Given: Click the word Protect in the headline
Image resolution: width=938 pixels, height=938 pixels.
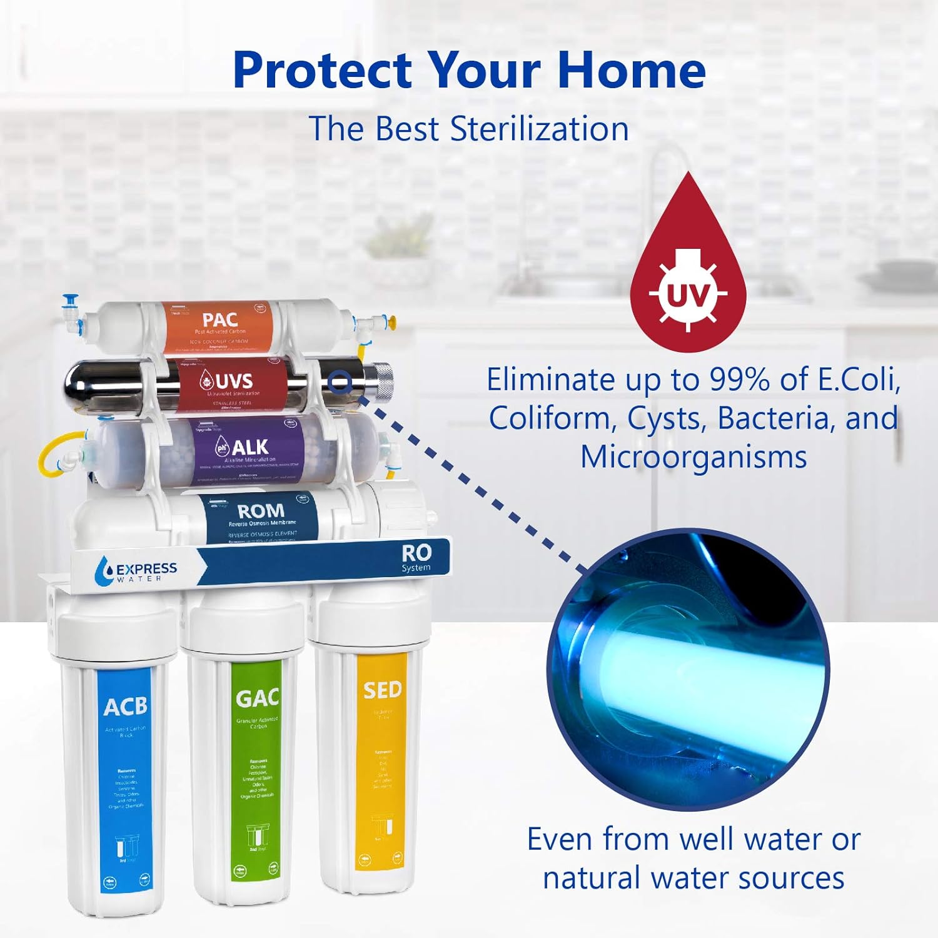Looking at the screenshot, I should (x=323, y=70).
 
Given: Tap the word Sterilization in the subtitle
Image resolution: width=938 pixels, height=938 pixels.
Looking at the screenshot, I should (x=539, y=129).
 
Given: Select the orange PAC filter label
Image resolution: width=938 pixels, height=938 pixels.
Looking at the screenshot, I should (x=219, y=320).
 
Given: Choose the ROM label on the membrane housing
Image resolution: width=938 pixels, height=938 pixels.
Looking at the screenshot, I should (x=261, y=511).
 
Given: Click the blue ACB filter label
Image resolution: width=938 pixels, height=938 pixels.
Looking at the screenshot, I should (x=125, y=707).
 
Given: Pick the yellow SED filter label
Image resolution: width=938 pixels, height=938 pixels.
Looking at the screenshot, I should (x=382, y=690).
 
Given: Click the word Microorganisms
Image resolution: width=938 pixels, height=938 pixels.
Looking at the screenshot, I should (x=693, y=457).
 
